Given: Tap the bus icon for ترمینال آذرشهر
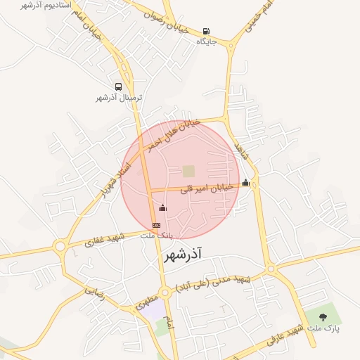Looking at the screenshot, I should coord(118,87).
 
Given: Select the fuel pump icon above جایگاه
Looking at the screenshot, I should coord(205,31).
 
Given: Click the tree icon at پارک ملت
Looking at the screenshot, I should coord(323,317).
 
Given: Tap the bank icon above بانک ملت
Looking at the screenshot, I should coord(156,224).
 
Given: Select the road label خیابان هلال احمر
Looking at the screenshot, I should coord(173,134).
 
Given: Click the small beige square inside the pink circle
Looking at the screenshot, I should coord(188,171).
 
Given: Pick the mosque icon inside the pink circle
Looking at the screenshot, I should coord(163,208).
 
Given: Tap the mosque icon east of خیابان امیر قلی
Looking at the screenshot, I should coord(245,183).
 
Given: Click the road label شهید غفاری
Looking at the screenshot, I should coord(104,240).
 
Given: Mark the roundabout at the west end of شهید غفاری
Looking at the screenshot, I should coord(60,246).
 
